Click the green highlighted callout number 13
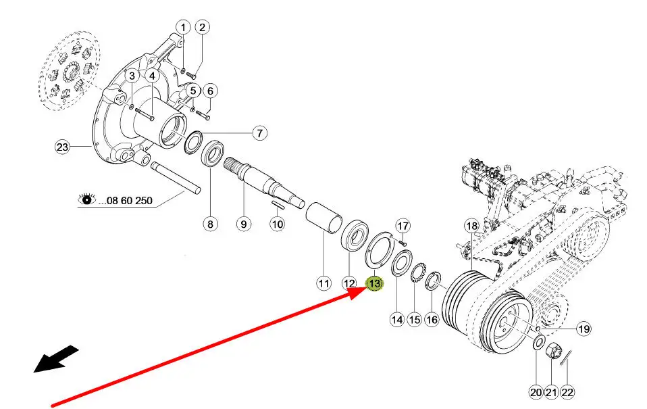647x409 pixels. coord(373,284)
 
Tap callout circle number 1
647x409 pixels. coord(182,27)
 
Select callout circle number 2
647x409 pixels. coord(203,27)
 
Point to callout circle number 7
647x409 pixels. coord(260,133)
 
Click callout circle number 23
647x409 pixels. coord(62,146)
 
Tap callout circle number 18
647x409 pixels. coord(471,225)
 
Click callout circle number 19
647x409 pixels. coord(583,329)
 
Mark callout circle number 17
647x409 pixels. coord(403,225)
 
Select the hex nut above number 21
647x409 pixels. coord(551,352)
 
